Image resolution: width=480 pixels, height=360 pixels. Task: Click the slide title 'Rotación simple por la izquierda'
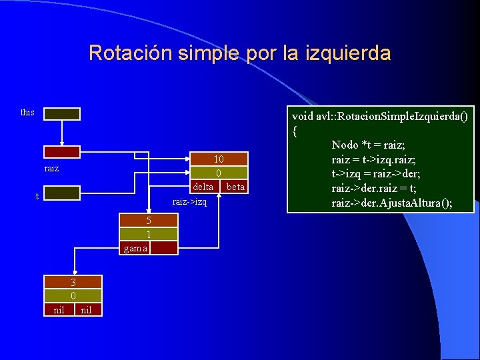click(239, 53)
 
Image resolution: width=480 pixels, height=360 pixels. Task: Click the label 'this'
click(27, 112)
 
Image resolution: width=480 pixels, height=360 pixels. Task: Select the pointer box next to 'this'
click(62, 114)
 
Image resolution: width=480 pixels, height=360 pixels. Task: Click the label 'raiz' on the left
click(51, 169)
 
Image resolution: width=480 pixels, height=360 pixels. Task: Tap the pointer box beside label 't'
click(62, 193)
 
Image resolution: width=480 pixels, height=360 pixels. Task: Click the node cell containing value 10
click(219, 159)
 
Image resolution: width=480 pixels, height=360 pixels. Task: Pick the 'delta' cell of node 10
click(203, 187)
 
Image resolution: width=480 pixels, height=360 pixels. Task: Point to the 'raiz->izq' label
click(190, 201)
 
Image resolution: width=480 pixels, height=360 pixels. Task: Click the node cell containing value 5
click(149, 221)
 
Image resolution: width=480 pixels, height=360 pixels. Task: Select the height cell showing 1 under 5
click(149, 234)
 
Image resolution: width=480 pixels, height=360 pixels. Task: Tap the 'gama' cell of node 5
click(135, 248)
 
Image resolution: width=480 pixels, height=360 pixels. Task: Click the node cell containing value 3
click(73, 282)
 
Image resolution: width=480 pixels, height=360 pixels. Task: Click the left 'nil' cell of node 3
click(59, 309)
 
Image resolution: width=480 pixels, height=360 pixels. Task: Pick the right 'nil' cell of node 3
click(87, 309)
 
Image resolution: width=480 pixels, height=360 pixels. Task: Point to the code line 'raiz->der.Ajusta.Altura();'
click(391, 203)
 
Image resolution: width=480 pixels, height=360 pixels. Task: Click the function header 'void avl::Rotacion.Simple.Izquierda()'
click(380, 116)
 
